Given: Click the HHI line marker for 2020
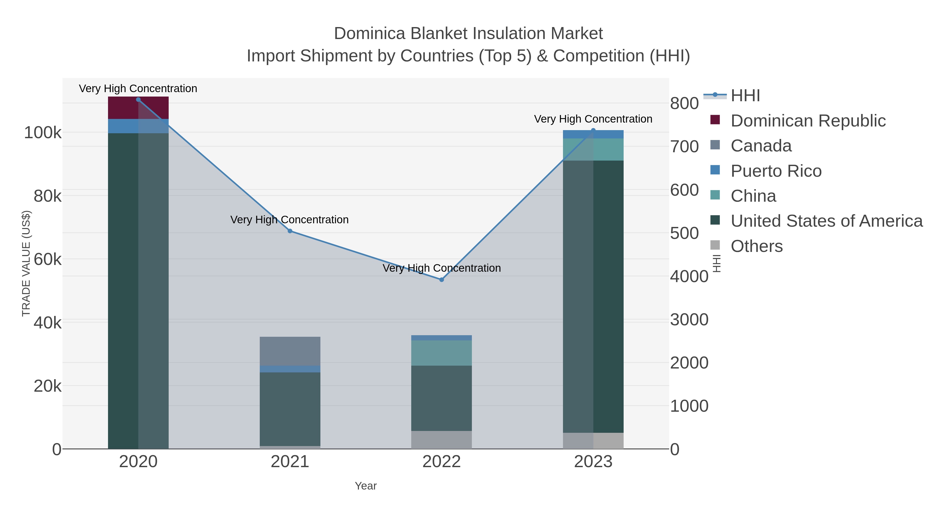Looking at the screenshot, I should coord(138,100).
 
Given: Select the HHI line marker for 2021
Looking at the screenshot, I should coord(290,231).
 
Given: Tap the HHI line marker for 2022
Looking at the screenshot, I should coord(442,280).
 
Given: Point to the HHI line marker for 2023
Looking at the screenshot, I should coord(593,130).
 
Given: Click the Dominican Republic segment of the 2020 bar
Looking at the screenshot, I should coord(138,108).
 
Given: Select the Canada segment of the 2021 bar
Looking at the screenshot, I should coord(290,351).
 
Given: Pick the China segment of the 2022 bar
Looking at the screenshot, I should coord(442,353).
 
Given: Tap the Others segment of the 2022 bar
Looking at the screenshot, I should coord(442,440).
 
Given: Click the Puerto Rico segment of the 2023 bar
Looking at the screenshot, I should coord(593,134).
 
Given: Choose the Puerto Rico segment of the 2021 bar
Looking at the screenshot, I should coord(290,369).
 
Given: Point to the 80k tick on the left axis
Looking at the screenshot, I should coord(48,196).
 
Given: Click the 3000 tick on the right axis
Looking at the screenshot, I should coord(689,320).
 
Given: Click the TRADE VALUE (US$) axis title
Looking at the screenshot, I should coord(26,263).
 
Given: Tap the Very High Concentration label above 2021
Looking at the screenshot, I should coord(289,220).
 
